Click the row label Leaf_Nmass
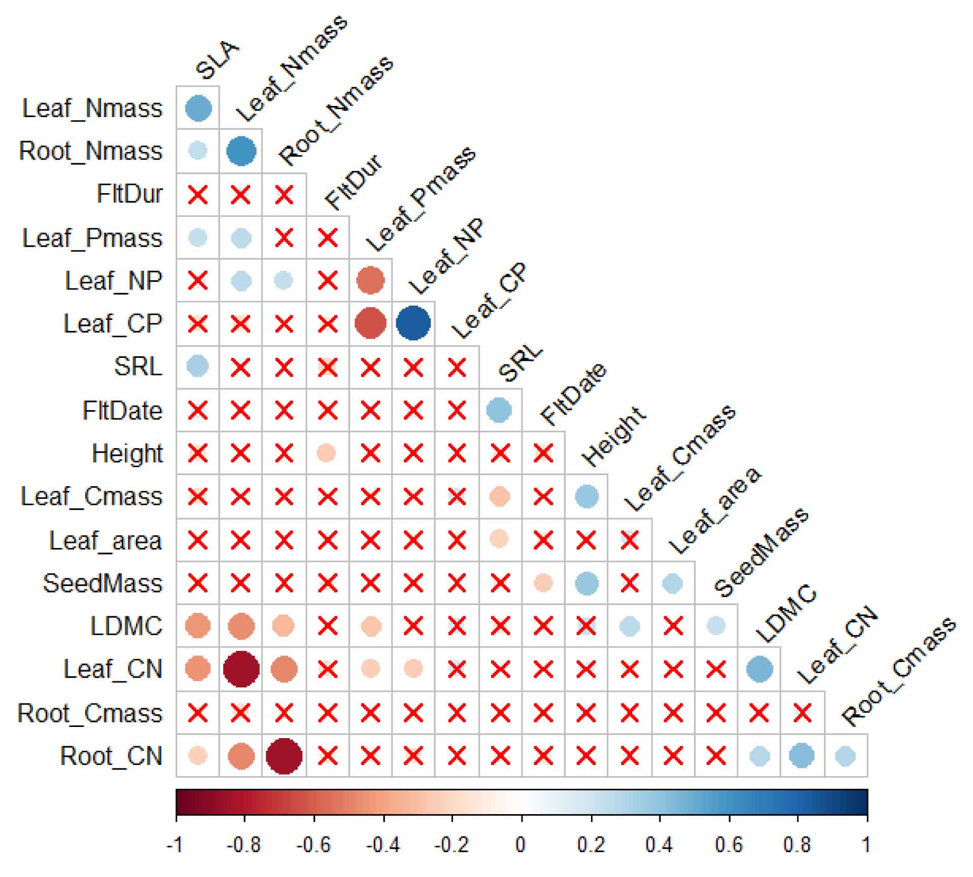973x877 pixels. [92, 108]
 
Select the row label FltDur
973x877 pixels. [129, 194]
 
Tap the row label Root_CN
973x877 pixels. [111, 756]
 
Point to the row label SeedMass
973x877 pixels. [102, 583]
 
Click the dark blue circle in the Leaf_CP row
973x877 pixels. [413, 323]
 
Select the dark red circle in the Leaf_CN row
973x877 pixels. [241, 669]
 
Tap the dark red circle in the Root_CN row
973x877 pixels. [284, 756]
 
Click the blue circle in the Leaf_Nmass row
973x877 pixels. [198, 108]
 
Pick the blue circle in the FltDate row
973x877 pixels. [499, 410]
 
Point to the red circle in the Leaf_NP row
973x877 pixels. [370, 280]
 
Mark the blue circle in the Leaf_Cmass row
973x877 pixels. [586, 496]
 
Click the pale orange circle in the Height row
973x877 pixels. [326, 453]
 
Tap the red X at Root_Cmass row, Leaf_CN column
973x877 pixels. [802, 713]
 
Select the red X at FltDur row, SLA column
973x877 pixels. [198, 195]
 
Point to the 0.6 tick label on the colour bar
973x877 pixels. [728, 845]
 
